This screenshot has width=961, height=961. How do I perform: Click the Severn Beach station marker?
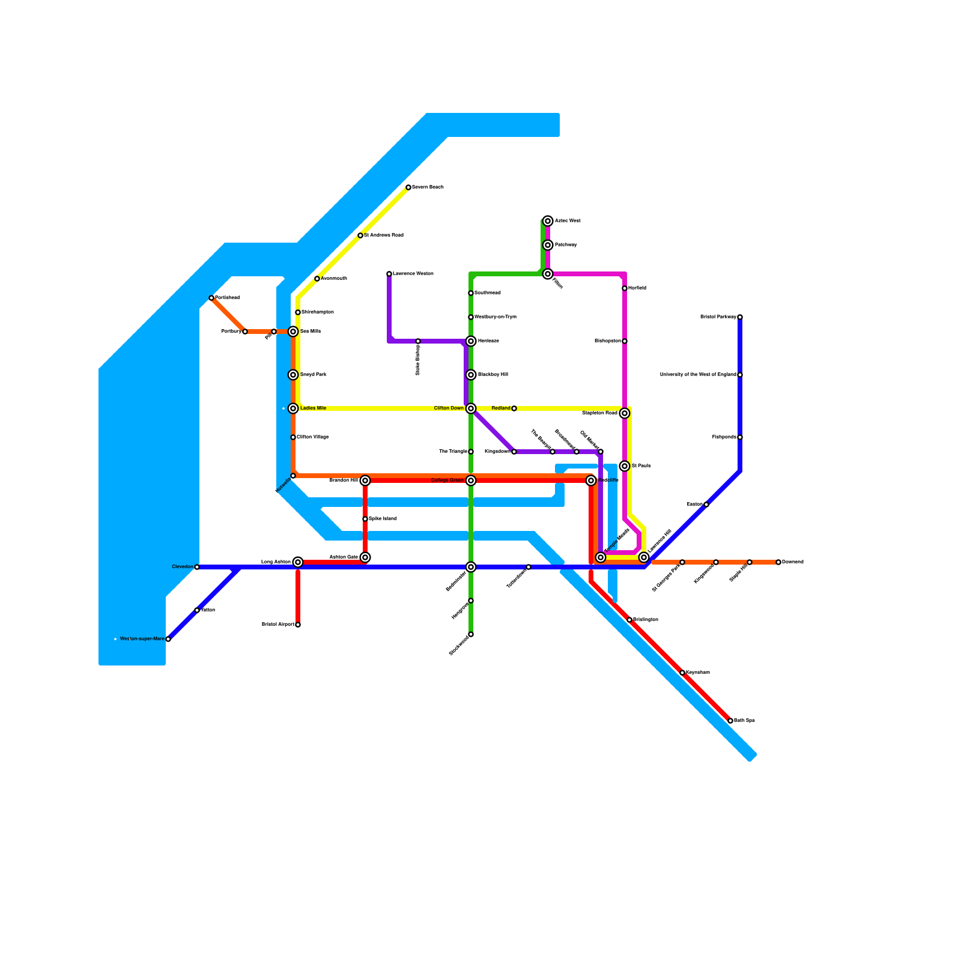(408, 187)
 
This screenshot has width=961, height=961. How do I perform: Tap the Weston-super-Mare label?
(142, 639)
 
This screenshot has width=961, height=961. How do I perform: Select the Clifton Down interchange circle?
(471, 408)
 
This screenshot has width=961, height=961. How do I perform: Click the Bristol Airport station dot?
(298, 625)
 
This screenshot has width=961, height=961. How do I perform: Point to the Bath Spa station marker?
(730, 721)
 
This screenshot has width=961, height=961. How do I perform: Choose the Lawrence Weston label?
(413, 274)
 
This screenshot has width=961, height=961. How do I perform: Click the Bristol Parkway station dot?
(740, 317)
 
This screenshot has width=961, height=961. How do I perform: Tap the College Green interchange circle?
(471, 480)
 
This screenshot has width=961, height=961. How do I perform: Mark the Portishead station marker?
(211, 298)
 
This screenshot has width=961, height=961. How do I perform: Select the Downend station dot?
(778, 562)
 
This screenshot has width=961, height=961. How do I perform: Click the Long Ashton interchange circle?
(298, 562)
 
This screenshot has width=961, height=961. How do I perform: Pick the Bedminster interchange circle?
(471, 567)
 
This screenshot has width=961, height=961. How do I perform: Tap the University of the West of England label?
(698, 375)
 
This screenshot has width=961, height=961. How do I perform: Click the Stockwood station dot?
(471, 634)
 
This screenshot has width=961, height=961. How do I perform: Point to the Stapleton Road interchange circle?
(625, 413)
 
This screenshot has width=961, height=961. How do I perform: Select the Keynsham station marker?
(682, 673)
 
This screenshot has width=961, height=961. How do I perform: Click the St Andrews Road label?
(384, 235)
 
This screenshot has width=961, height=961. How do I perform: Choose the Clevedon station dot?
(197, 567)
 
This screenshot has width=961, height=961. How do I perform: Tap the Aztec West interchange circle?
(548, 221)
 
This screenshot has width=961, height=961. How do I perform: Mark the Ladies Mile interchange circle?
(293, 408)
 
